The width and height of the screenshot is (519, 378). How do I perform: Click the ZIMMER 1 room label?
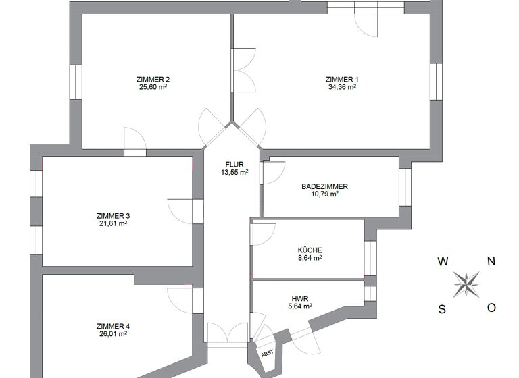341,79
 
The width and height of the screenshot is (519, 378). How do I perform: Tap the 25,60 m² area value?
153,87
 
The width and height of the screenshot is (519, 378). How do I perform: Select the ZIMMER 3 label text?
114,216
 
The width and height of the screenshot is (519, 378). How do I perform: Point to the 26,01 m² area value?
114,333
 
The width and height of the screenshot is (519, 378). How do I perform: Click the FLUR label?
234,164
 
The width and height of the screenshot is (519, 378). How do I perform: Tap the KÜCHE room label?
310,249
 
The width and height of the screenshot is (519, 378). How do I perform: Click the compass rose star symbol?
466,284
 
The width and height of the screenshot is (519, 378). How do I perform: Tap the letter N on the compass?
492,261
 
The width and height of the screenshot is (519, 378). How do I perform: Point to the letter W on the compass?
443,261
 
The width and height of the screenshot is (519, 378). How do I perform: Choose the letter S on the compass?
442,309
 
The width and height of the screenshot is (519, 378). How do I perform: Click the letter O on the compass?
492,308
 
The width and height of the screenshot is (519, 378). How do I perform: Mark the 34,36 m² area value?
341,87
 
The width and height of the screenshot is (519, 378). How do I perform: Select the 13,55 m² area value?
234,172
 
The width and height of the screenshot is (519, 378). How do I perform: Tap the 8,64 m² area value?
310,257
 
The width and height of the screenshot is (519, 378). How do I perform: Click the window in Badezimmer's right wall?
405,187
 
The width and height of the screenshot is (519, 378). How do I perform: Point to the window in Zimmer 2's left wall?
76,82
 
